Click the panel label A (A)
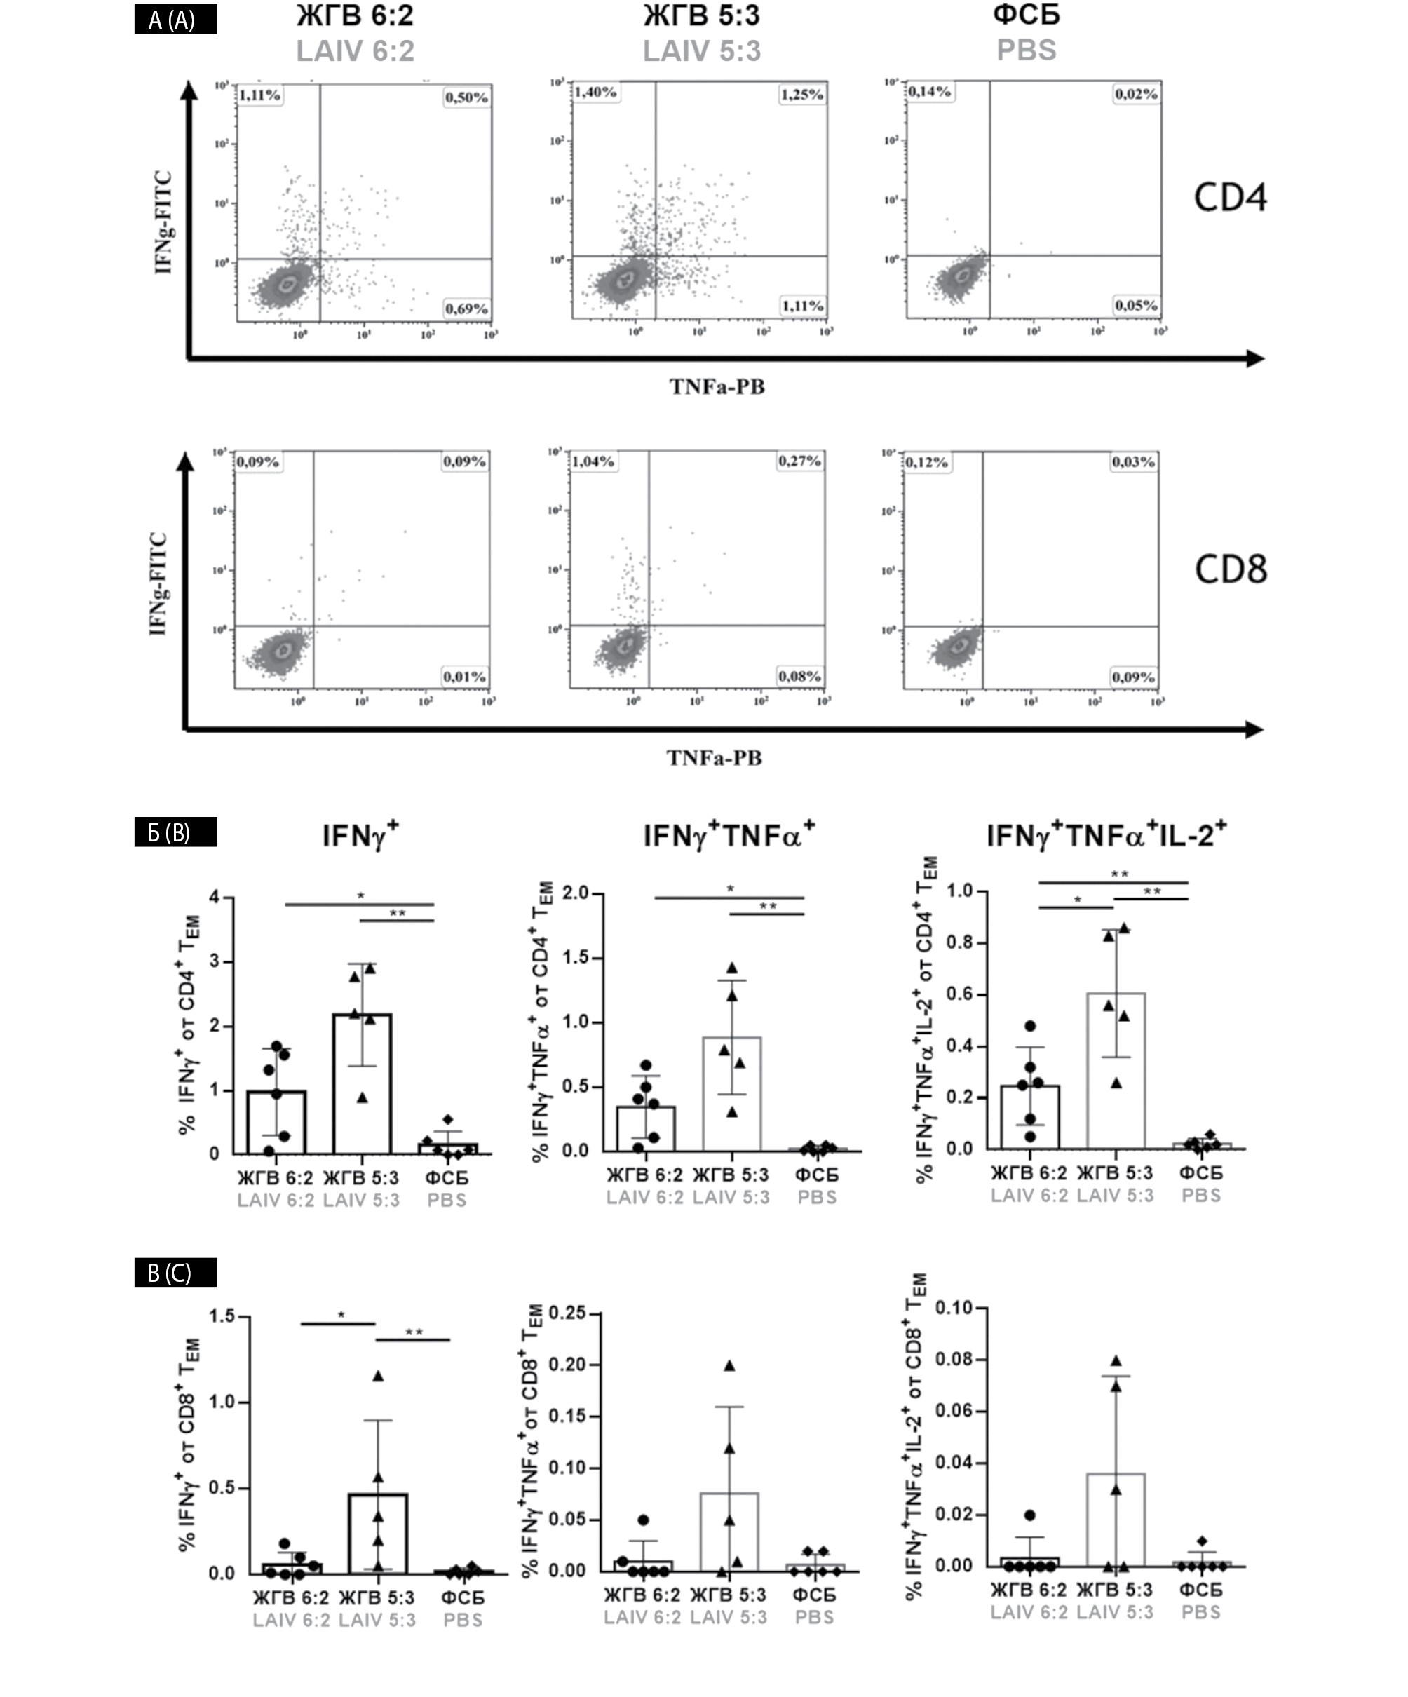tap(175, 20)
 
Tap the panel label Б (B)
tap(175, 832)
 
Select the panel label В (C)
tap(175, 1273)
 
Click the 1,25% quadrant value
tap(801, 95)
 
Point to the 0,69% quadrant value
tap(466, 309)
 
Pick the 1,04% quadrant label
tap(593, 461)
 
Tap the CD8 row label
tap(1230, 569)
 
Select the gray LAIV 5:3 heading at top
tap(702, 51)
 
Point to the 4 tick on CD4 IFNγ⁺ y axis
tap(214, 897)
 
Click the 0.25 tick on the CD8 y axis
tap(567, 1312)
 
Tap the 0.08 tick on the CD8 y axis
tap(954, 1360)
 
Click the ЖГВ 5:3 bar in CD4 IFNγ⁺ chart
tap(362, 1083)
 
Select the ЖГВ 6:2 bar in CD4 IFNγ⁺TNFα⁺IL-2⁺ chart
tap(1030, 1116)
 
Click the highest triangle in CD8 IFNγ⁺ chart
tap(377, 1375)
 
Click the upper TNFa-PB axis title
tap(716, 387)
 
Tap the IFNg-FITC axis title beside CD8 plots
tap(158, 583)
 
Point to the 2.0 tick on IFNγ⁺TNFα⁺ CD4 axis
tap(577, 893)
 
